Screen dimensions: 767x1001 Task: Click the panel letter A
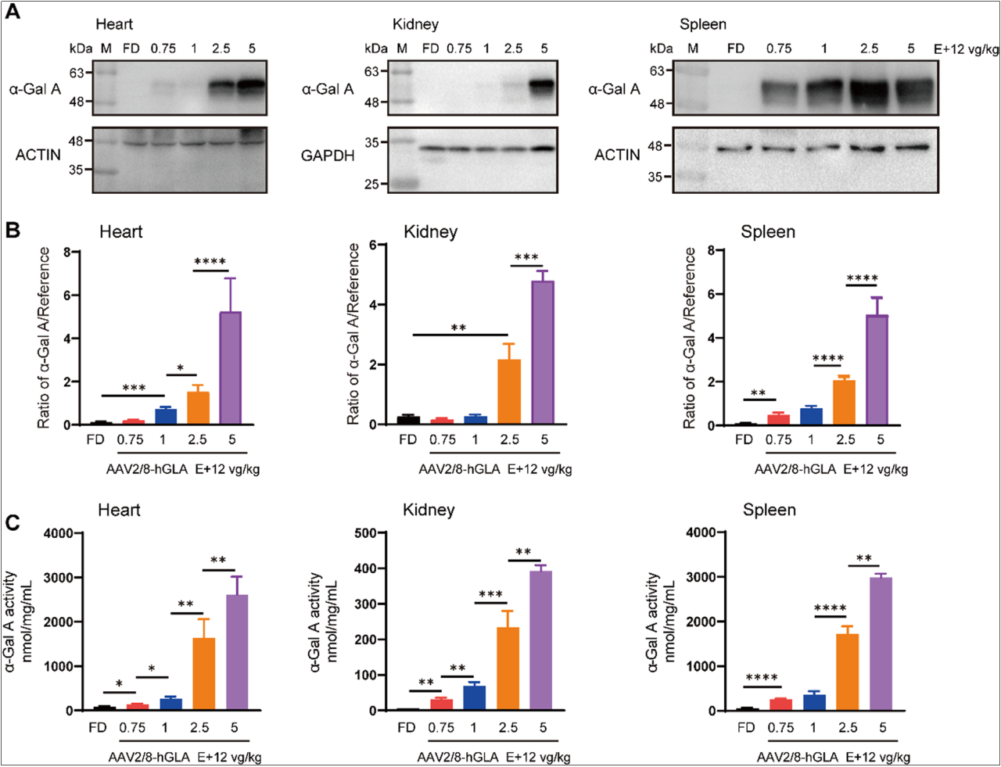click(x=13, y=13)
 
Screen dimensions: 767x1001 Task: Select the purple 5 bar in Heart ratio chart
click(x=230, y=367)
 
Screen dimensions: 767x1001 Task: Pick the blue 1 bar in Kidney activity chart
click(x=475, y=697)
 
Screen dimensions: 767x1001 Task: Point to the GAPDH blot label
click(x=328, y=156)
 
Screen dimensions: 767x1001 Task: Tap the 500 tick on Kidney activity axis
click(x=366, y=533)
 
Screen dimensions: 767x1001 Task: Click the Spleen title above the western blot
click(x=702, y=25)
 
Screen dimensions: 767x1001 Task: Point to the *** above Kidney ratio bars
click(x=526, y=258)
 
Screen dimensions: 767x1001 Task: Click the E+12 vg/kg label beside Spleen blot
click(x=966, y=48)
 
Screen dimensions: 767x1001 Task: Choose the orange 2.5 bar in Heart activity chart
click(x=203, y=674)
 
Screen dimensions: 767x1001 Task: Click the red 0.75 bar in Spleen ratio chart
click(x=778, y=419)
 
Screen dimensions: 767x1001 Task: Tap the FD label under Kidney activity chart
click(x=407, y=728)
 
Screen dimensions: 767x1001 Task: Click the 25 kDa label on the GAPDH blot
click(x=372, y=185)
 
